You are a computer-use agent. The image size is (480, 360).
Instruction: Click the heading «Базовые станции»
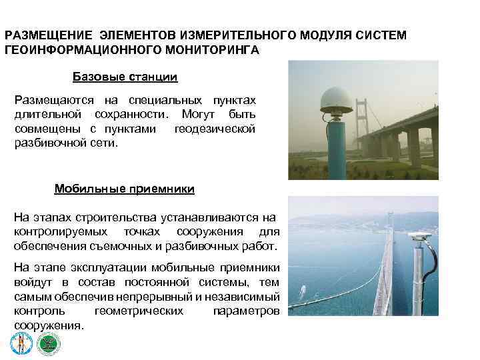[x=125, y=77]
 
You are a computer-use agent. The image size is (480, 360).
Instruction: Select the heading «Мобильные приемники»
[x=124, y=189]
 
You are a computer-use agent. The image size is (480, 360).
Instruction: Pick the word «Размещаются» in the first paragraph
[x=49, y=100]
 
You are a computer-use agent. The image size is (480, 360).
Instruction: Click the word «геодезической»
[x=215, y=129]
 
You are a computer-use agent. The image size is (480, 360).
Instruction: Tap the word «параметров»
[x=245, y=311]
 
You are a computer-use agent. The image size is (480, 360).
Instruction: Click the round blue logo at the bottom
[x=19, y=343]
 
